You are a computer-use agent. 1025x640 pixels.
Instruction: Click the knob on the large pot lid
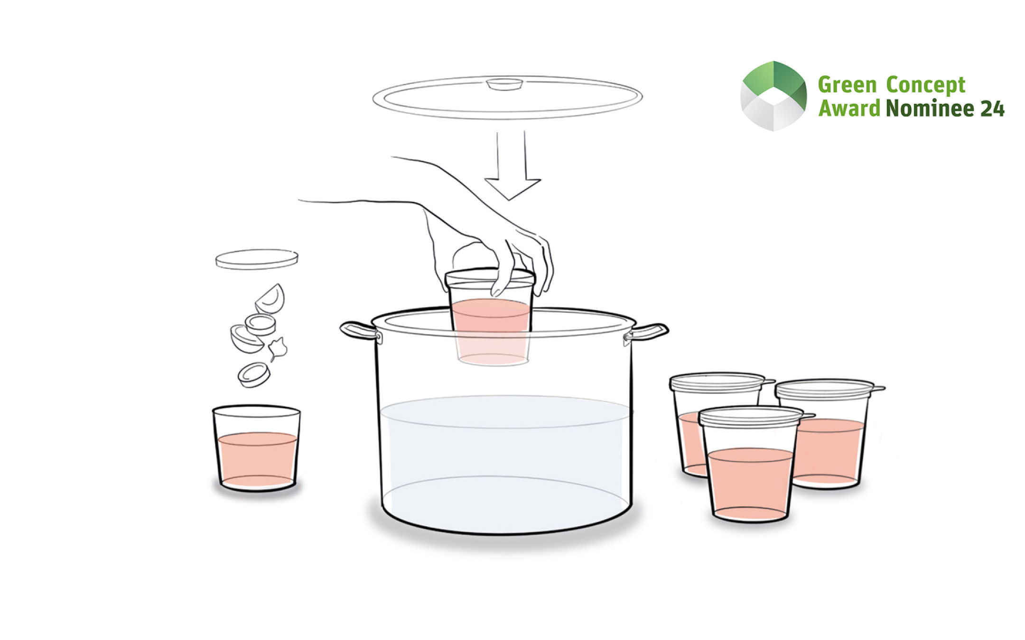(504, 84)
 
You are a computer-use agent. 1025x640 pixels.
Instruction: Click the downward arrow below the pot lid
(512, 165)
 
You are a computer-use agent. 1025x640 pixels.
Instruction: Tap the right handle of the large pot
(647, 332)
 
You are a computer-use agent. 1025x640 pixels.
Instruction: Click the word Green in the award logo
(847, 85)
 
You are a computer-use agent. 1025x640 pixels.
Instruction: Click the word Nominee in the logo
(930, 108)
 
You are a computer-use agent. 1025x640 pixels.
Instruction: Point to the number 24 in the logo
(992, 109)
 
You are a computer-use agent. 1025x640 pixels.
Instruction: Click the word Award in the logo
(849, 108)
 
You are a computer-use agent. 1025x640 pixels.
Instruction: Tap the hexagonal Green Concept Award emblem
(773, 96)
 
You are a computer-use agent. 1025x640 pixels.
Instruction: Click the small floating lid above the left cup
(257, 259)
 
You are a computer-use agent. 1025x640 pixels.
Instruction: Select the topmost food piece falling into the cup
(270, 299)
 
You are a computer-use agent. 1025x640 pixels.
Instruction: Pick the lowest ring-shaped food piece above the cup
(254, 375)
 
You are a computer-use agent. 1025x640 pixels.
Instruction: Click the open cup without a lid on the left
(256, 448)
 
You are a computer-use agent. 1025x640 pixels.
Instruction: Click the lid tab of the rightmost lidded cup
(879, 389)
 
